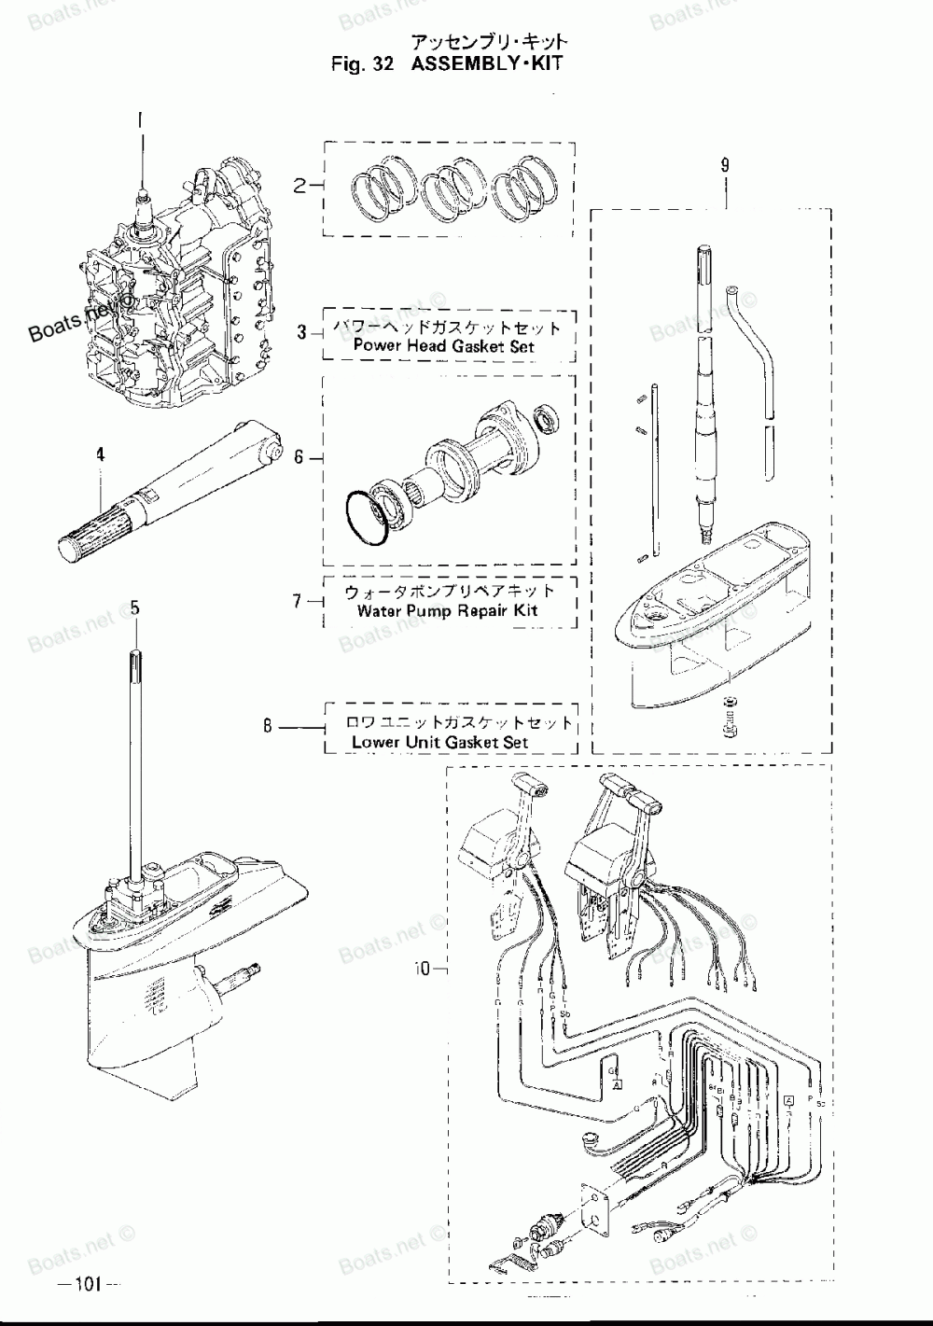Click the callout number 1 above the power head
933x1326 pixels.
point(142,119)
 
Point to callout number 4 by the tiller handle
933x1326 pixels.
point(101,455)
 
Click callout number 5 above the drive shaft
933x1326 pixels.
point(135,607)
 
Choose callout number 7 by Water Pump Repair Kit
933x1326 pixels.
point(299,601)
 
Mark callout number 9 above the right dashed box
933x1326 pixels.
point(725,165)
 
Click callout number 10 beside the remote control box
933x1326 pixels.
point(423,970)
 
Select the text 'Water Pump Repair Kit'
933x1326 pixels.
point(448,612)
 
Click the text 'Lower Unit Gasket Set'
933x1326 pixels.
point(439,743)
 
